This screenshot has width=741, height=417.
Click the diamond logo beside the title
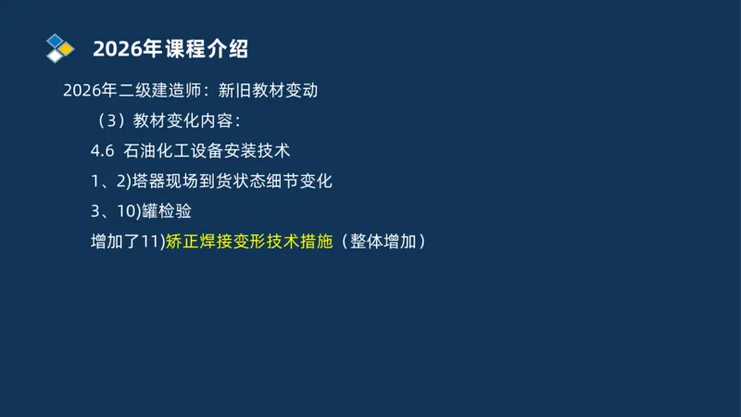pos(59,47)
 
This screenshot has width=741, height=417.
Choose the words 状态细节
pos(278,181)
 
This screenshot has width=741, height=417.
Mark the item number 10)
pos(131,211)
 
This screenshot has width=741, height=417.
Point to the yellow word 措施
pos(315,242)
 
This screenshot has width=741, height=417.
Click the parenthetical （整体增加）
pos(383,242)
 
